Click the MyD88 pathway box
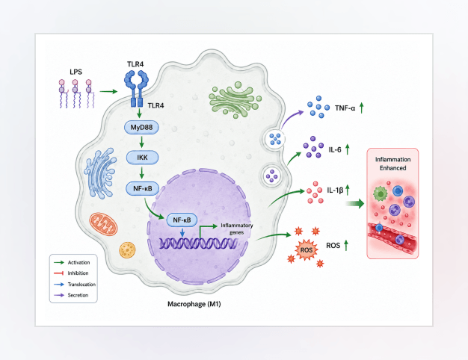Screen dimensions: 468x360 tap(141, 128)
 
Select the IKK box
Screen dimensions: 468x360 tap(142, 158)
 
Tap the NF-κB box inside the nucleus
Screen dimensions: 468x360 tap(182, 220)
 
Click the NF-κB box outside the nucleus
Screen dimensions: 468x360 tap(142, 188)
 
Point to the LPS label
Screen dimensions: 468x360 tap(76, 72)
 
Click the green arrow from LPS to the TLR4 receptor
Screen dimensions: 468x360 tap(108, 91)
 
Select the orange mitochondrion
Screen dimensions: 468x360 tap(103, 224)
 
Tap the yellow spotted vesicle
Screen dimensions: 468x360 tap(127, 250)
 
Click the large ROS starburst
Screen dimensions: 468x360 tap(307, 249)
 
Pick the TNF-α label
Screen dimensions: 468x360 tap(345, 108)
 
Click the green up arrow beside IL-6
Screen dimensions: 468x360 tap(348, 149)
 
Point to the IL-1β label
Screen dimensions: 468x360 tap(335, 190)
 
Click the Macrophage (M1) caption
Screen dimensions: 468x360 tap(194, 304)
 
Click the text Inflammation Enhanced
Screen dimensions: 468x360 tap(392, 164)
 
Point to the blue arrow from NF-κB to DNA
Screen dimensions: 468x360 tap(182, 232)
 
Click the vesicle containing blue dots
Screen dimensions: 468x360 tap(275, 139)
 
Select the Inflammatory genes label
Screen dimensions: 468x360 tap(237, 229)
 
